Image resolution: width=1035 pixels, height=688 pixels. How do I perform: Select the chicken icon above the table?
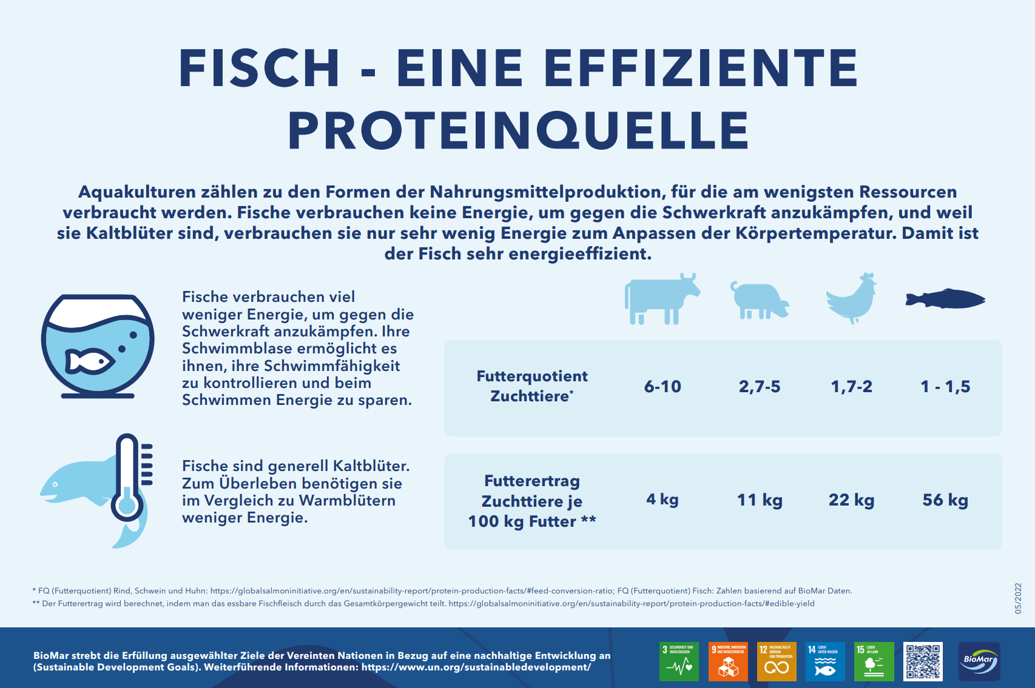click(x=852, y=298)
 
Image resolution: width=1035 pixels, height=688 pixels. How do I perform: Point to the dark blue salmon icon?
click(x=945, y=299)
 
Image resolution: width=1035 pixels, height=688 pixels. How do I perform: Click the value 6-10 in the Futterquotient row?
click(x=662, y=387)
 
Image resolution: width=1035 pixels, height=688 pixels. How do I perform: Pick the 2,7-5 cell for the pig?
click(x=760, y=387)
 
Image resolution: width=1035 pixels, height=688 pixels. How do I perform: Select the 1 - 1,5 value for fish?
click(x=945, y=387)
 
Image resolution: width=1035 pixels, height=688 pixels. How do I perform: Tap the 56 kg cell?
click(x=945, y=500)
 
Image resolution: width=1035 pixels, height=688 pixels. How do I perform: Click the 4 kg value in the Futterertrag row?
click(x=662, y=499)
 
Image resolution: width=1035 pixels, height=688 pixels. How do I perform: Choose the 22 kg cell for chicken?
click(x=852, y=500)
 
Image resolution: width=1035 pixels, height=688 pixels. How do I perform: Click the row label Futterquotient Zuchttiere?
click(x=532, y=386)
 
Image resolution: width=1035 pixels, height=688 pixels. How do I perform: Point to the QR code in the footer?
click(x=923, y=661)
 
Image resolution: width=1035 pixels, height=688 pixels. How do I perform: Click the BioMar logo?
click(x=979, y=661)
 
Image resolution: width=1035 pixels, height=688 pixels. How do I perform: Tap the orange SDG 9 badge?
click(x=728, y=661)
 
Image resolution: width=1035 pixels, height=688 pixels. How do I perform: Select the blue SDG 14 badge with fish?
click(x=825, y=661)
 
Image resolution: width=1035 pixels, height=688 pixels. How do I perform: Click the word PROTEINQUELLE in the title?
click(x=519, y=130)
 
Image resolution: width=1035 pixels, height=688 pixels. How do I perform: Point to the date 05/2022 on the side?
click(x=1018, y=598)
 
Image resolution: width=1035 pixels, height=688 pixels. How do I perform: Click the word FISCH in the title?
click(x=259, y=68)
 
